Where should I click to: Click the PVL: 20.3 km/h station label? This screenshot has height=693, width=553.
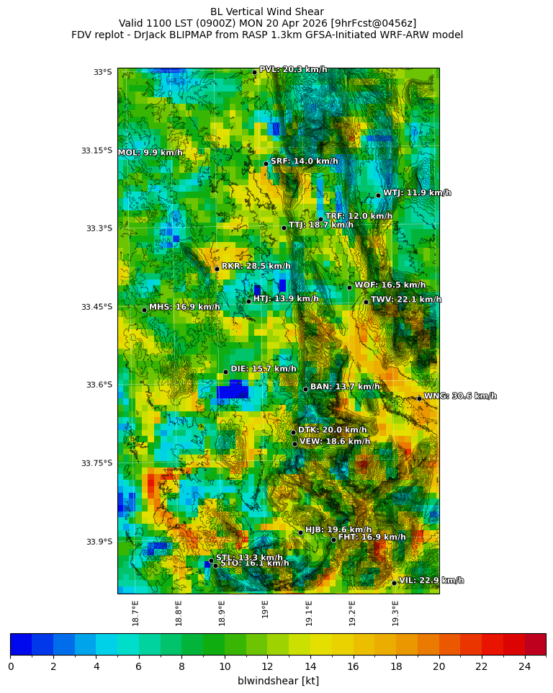pyautogui.click(x=292, y=70)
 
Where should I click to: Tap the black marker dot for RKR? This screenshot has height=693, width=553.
pyautogui.click(x=217, y=269)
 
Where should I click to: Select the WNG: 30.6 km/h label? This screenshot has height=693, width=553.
pyautogui.click(x=459, y=396)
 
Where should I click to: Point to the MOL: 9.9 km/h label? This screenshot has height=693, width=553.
pyautogui.click(x=150, y=153)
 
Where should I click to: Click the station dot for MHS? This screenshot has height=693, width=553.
pyautogui.click(x=144, y=310)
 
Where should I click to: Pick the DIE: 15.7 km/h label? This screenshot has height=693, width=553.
pyautogui.click(x=263, y=369)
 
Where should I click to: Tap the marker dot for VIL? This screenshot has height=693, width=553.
pyautogui.click(x=395, y=583)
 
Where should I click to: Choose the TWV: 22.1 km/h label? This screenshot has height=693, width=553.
pyautogui.click(x=405, y=300)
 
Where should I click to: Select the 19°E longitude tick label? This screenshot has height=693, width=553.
pyautogui.click(x=266, y=609)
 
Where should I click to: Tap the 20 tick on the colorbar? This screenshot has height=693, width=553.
pyautogui.click(x=439, y=666)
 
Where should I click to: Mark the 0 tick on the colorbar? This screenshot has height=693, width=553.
pyautogui.click(x=11, y=666)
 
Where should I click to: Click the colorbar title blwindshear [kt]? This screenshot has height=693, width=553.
pyautogui.click(x=278, y=681)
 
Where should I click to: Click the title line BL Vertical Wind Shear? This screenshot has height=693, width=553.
pyautogui.click(x=267, y=12)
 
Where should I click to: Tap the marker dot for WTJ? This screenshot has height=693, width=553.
pyautogui.click(x=378, y=195)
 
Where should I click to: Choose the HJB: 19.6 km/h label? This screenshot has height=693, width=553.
pyautogui.click(x=338, y=529)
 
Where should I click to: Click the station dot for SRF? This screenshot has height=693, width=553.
pyautogui.click(x=266, y=164)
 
